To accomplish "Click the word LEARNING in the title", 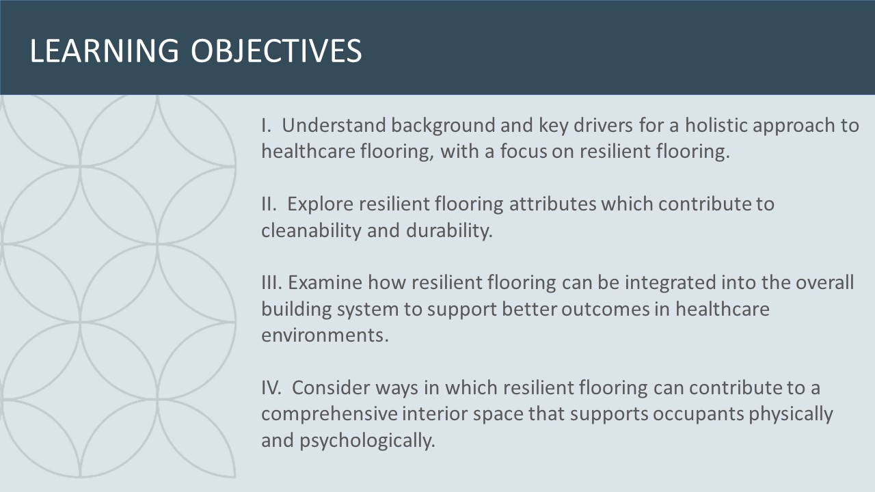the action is coord(105,51).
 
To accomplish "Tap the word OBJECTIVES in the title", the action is coord(277,51).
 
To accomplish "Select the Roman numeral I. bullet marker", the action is coord(266,125).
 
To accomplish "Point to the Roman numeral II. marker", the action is coord(269,204).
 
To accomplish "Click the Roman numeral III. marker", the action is coord(271,282).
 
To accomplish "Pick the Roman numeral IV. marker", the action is coord(271,387).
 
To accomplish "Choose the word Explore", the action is coord(321,204).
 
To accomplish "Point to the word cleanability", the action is coord(311,231).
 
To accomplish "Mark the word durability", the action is coord(449,231).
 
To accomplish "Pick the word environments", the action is coord(325,336).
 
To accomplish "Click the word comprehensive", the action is coord(329,414).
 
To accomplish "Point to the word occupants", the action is coord(698,415).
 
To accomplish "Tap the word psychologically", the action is coord(367,441).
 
